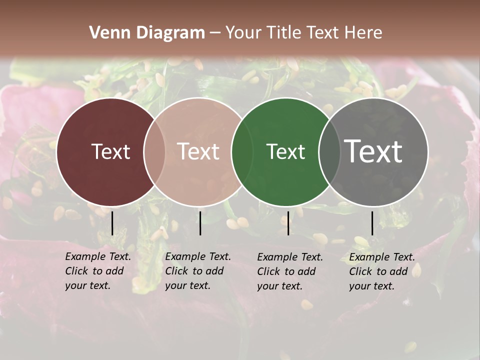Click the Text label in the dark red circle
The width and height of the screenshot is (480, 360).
[110, 151]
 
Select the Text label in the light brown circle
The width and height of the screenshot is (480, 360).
[198, 151]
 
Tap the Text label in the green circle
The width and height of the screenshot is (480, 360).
[285, 151]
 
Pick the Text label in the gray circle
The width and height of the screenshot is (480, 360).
[373, 151]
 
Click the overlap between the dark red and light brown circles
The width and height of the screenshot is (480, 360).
[154, 151]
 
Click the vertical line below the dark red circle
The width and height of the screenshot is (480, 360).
[112, 223]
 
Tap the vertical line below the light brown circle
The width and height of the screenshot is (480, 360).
[200, 223]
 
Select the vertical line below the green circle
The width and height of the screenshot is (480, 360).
[288, 223]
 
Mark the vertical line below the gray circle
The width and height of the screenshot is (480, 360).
[372, 223]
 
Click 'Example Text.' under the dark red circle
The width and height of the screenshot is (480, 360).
[98, 256]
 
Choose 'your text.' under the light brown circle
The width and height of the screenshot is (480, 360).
[188, 286]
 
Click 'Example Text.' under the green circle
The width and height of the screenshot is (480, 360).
[290, 257]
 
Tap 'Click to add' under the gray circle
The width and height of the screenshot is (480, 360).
[378, 271]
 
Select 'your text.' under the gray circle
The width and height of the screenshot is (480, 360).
[372, 286]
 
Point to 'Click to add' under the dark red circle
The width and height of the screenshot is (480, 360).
[94, 271]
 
